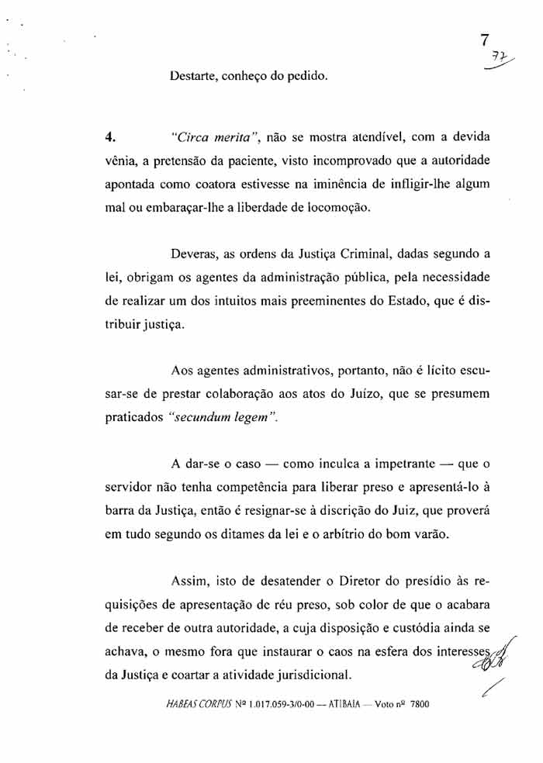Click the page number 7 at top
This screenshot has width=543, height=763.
(x=485, y=40)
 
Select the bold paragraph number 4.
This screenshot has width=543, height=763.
(x=109, y=138)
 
